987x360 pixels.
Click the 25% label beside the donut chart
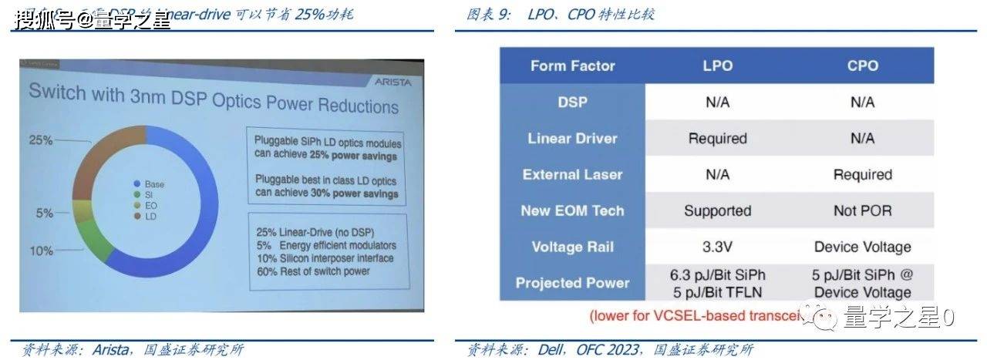(40, 140)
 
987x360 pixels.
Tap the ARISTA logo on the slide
(393, 80)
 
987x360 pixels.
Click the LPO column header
(717, 66)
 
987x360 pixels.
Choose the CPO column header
(862, 66)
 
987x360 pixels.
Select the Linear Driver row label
(572, 139)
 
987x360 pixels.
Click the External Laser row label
(572, 174)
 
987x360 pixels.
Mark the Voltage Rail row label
(572, 247)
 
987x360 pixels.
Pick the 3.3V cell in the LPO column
(717, 247)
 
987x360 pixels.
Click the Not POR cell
(862, 210)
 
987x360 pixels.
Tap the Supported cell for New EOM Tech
(717, 210)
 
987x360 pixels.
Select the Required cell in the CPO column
(862, 174)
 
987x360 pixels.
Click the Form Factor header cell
(572, 66)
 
